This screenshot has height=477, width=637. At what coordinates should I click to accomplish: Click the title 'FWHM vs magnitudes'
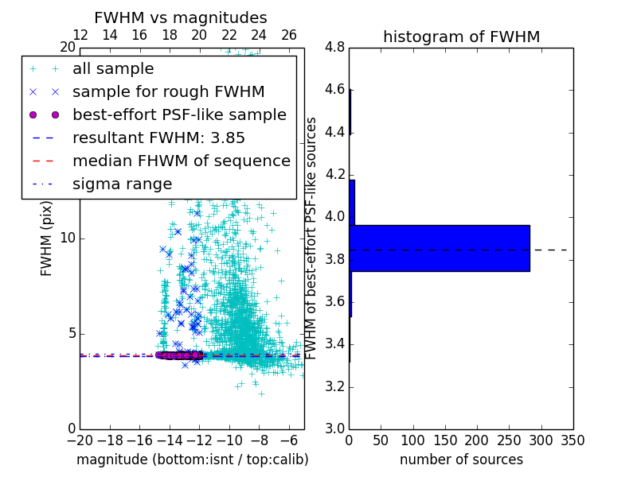181,17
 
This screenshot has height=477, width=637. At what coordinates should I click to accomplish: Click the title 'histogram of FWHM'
461,37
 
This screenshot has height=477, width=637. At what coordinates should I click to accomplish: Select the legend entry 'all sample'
113,69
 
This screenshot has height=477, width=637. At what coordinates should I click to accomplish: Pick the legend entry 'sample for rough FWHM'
168,92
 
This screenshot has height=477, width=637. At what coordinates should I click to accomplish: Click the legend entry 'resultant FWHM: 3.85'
158,138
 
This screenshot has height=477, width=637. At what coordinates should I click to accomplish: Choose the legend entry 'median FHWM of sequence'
181,161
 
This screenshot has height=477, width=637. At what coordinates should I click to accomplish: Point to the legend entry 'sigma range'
122,184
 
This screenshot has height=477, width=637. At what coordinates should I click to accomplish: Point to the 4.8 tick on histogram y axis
334,47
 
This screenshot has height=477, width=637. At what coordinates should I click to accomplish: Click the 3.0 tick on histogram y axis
334,429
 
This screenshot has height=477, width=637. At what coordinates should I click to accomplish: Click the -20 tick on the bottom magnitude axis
80,440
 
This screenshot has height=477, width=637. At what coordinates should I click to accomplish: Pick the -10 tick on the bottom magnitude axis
229,440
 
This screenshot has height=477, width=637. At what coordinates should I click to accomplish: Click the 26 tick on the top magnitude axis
289,35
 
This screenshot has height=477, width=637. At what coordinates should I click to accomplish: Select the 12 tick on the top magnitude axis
80,35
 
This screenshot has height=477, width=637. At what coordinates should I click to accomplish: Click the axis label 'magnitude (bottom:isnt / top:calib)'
192,460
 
